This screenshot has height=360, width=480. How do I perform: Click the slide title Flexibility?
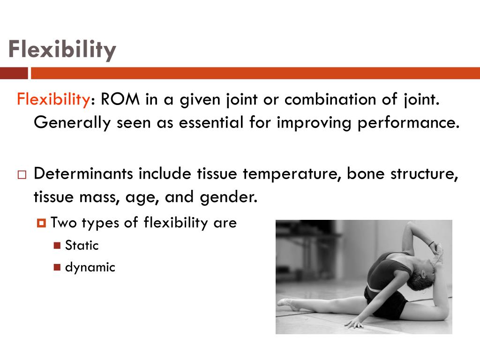62,50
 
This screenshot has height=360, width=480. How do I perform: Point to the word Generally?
72,122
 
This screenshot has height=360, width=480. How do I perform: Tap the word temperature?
292,174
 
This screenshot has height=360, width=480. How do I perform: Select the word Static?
82,245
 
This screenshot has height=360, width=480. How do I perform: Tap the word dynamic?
90,268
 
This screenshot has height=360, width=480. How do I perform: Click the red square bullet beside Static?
57,245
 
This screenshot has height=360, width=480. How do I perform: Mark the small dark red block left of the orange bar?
14,74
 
